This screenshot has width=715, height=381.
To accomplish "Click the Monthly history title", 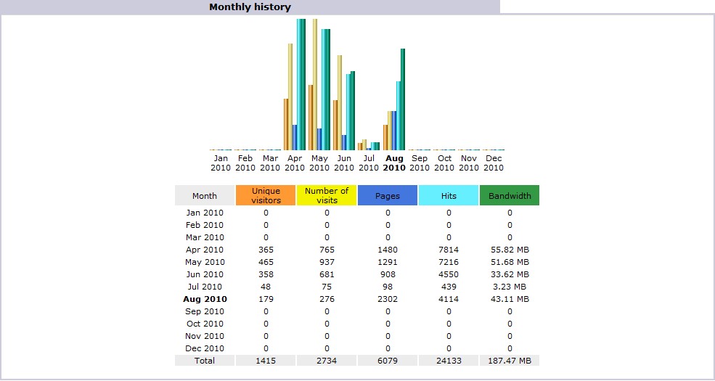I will (x=250, y=7).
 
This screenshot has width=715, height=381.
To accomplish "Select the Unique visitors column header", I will (x=266, y=195).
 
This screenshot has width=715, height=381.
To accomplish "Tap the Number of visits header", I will (x=327, y=195).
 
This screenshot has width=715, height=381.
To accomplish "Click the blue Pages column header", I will (x=388, y=195).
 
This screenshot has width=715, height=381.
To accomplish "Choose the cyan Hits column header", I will (x=449, y=195).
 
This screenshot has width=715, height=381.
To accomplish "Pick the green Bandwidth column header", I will (x=510, y=195).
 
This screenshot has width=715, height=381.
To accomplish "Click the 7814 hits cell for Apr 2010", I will (x=449, y=250).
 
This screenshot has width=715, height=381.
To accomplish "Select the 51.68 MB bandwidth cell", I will (x=510, y=262).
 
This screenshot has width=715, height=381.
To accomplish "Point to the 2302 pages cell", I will (x=388, y=299).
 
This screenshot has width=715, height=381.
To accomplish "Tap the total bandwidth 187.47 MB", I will (x=510, y=361).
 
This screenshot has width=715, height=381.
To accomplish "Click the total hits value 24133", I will (x=449, y=361).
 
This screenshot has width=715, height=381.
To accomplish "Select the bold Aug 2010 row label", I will (x=205, y=299).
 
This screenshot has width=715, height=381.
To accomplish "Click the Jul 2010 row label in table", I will (x=205, y=287).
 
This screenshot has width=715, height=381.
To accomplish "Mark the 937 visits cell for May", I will (x=327, y=262).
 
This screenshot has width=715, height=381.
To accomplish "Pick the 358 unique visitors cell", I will (x=266, y=274).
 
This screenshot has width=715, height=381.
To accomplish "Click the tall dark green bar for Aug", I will (x=403, y=99).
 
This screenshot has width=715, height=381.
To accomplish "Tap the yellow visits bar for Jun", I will (x=339, y=102).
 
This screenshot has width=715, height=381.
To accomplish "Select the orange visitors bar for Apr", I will (x=286, y=124).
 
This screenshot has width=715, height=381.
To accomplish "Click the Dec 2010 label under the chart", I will (x=494, y=163).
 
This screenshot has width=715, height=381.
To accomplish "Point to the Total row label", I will (x=205, y=361).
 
